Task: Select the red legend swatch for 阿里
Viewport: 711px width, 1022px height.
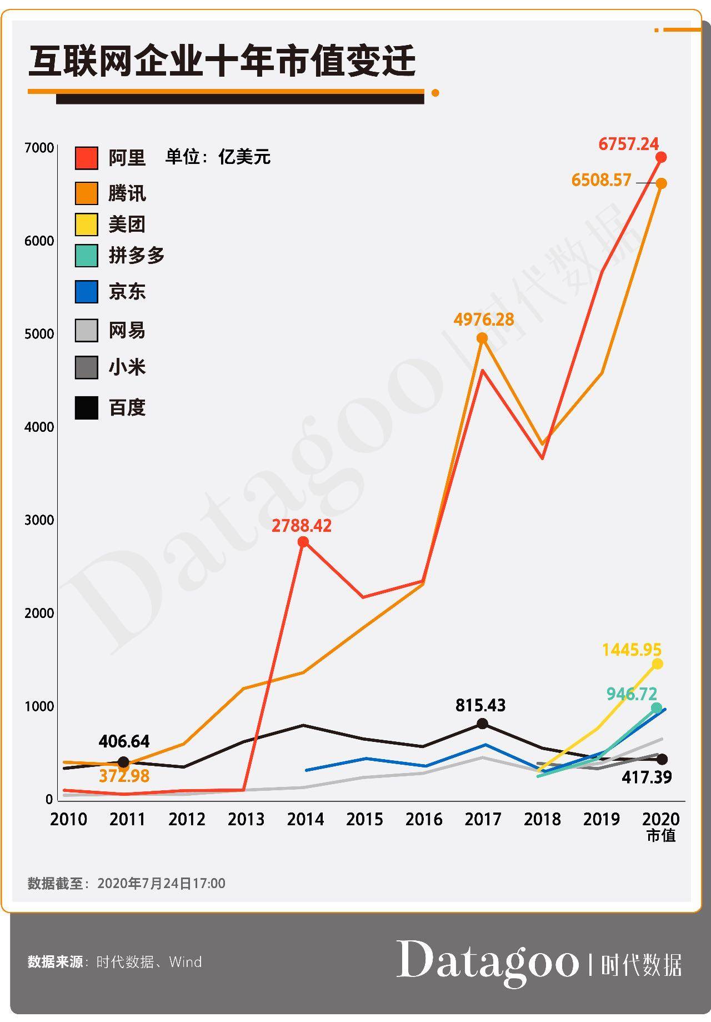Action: click(87, 158)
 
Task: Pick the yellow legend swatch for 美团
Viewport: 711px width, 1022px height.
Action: click(87, 225)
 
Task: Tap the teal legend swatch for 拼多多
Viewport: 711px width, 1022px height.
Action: click(87, 256)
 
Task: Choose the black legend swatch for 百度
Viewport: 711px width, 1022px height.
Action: click(87, 407)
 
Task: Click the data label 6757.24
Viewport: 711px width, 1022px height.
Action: click(628, 144)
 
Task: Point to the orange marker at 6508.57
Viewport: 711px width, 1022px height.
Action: click(661, 183)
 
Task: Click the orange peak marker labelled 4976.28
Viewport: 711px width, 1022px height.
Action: click(482, 338)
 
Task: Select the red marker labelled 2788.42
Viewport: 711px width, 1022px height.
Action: click(303, 542)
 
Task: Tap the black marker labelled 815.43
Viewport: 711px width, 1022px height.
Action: click(483, 724)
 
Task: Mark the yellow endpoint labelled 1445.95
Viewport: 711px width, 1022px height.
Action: click(657, 664)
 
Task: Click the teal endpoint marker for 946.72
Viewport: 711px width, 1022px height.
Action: click(657, 707)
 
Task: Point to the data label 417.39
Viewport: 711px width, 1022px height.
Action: click(647, 777)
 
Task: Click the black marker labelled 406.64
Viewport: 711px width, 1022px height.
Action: click(124, 762)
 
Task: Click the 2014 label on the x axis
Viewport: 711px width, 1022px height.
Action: click(305, 819)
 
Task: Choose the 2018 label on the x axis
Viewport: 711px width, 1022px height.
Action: click(542, 819)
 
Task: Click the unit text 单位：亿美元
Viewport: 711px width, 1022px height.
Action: click(218, 157)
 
